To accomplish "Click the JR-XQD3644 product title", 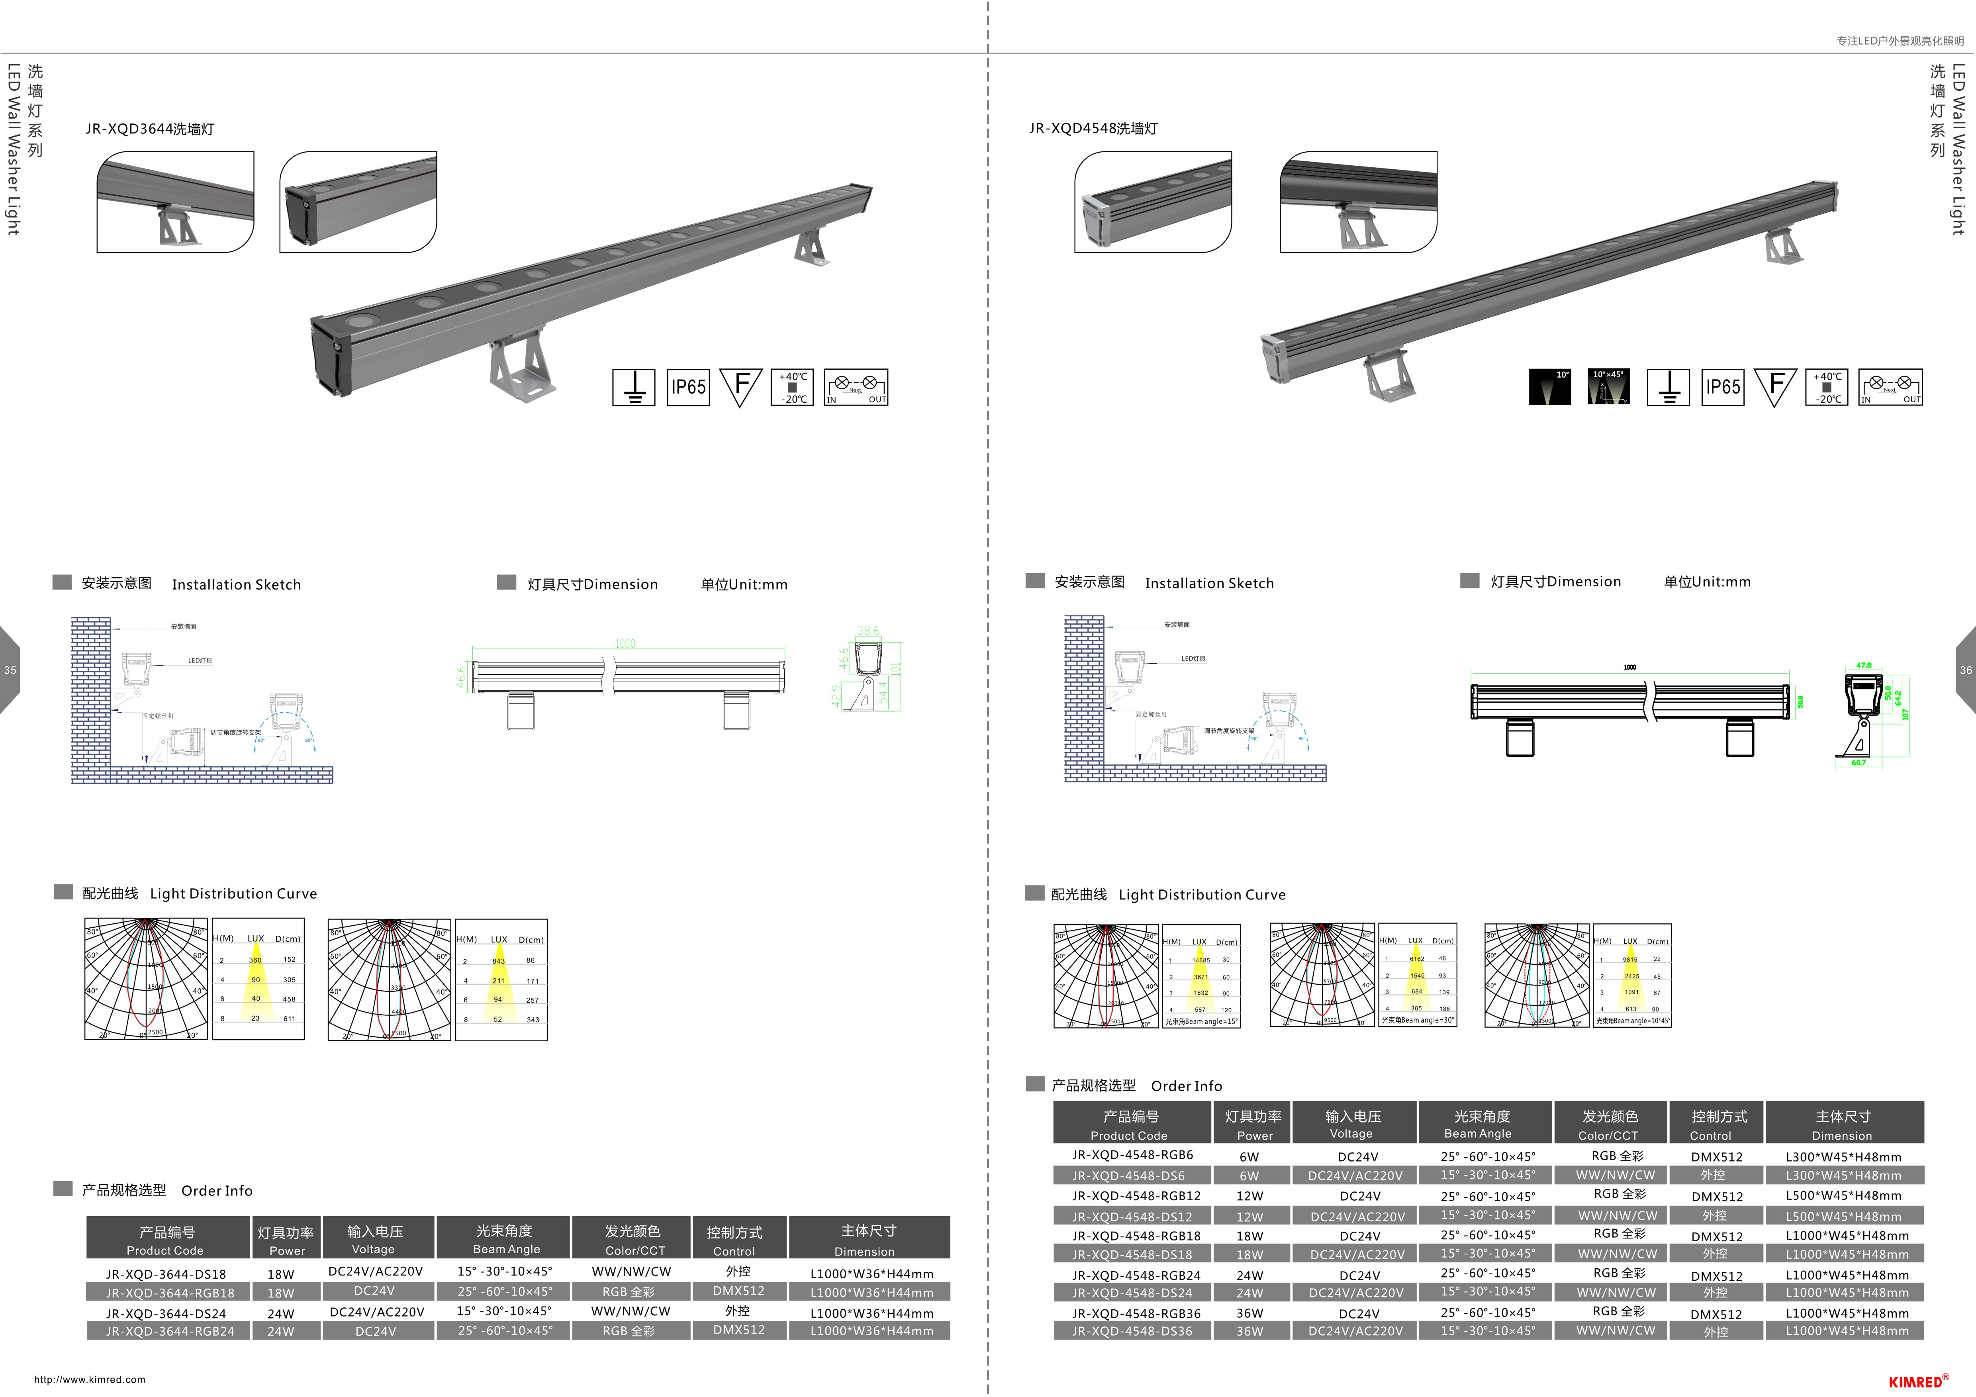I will pos(150,129).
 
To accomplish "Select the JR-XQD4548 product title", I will pos(1093,128).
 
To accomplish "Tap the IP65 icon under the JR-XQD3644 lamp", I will pos(687,387).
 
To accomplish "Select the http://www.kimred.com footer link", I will pos(90,1379).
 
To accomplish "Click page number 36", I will pos(1965,670).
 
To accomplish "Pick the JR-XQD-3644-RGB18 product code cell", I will pos(170,1292).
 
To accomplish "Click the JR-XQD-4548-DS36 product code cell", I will pos(1132,1331).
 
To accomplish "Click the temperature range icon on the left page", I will pos(792,387).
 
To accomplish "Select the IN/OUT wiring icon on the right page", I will pos(1890,387).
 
